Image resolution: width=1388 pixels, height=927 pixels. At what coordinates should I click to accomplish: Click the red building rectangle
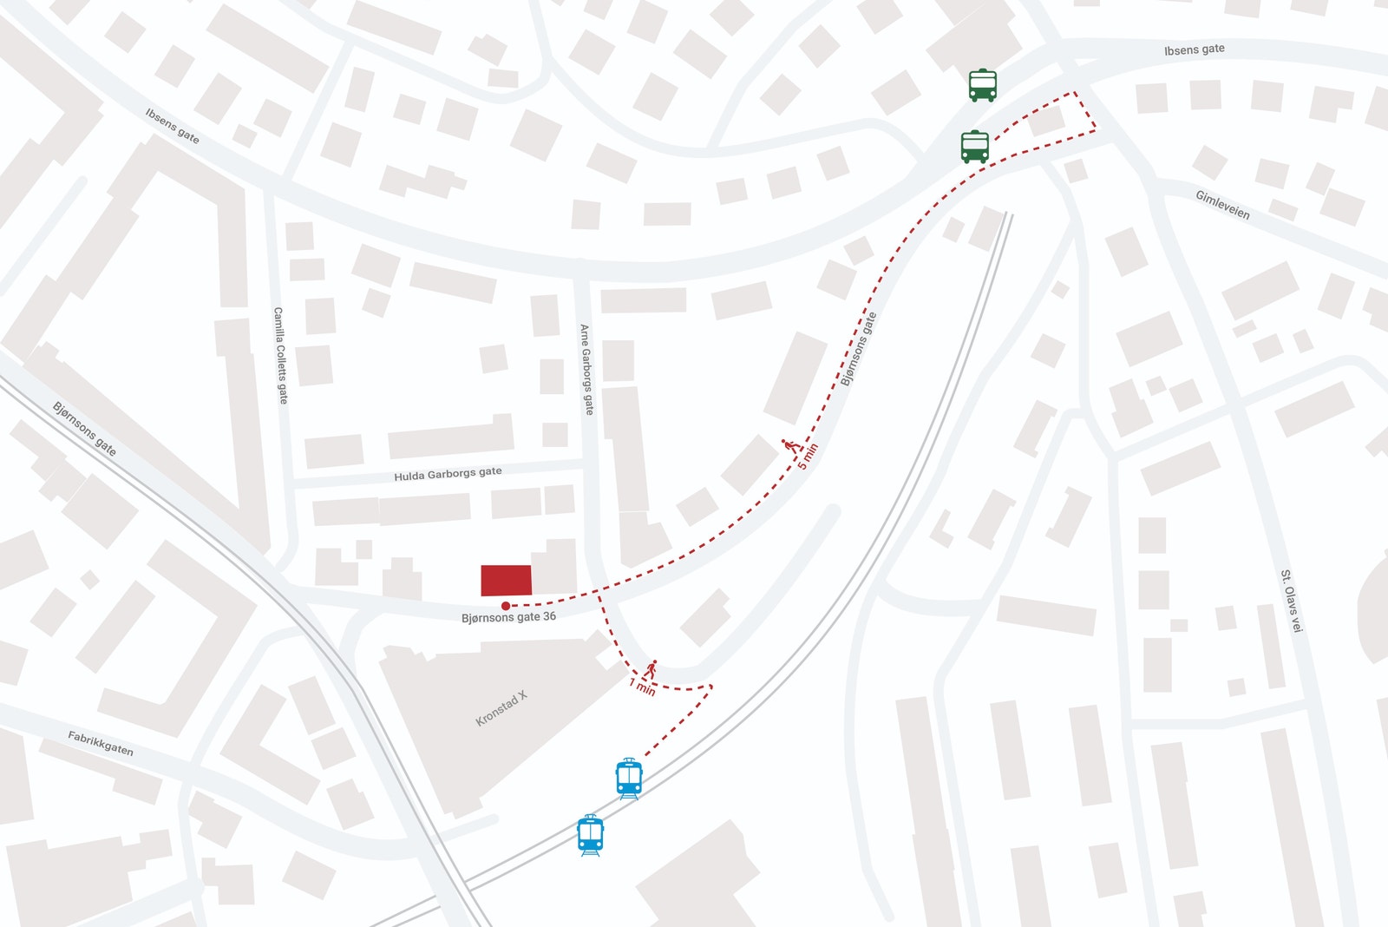click(506, 580)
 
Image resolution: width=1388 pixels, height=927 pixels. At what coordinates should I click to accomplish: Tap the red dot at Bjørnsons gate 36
click(506, 606)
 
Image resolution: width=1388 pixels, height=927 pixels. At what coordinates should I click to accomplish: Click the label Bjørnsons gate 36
click(508, 617)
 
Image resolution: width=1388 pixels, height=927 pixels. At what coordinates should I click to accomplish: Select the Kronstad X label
click(501, 708)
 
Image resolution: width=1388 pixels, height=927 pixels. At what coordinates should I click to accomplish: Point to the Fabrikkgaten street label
click(101, 743)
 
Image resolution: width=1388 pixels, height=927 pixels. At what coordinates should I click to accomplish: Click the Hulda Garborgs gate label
click(448, 473)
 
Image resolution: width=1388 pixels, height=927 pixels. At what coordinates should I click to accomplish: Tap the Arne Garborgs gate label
click(586, 369)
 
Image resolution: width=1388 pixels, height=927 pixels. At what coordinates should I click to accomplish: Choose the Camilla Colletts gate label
click(280, 355)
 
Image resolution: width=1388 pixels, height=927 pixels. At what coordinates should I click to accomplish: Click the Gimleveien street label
click(1222, 205)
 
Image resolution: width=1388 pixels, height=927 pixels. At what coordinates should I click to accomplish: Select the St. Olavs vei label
click(1291, 601)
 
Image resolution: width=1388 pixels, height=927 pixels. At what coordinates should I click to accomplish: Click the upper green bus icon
click(982, 85)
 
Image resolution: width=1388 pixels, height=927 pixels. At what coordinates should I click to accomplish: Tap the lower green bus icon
click(974, 147)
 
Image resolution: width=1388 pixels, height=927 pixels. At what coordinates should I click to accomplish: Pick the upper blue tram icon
click(629, 778)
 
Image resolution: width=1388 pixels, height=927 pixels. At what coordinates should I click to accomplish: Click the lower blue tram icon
click(590, 835)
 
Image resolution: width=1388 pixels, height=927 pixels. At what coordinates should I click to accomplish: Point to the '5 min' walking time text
click(808, 457)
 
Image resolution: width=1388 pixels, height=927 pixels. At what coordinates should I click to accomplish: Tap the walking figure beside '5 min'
click(789, 446)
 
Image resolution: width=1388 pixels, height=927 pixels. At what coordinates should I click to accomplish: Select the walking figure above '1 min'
click(651, 669)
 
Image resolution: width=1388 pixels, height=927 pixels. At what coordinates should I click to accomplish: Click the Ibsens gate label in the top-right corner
click(1194, 49)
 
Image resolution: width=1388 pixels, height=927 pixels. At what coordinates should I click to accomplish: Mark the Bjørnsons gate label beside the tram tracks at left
click(84, 428)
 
